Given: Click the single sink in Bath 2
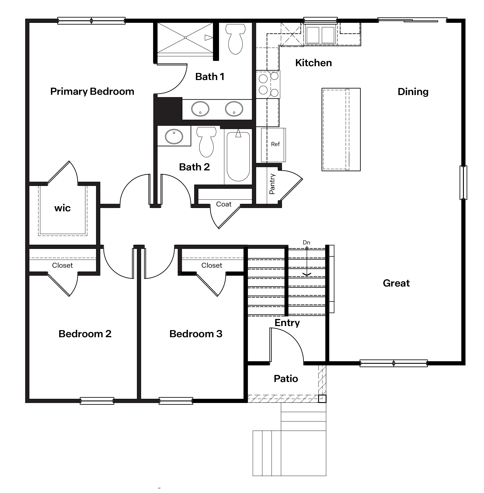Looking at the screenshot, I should point(174,136).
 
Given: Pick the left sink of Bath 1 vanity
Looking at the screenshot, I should point(200,109).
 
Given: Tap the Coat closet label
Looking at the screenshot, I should point(224,204).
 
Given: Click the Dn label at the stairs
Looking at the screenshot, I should point(306,243).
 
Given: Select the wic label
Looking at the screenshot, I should point(62,208).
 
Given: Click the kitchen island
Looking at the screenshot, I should point(341,129).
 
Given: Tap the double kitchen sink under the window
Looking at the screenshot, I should point(320,35).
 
